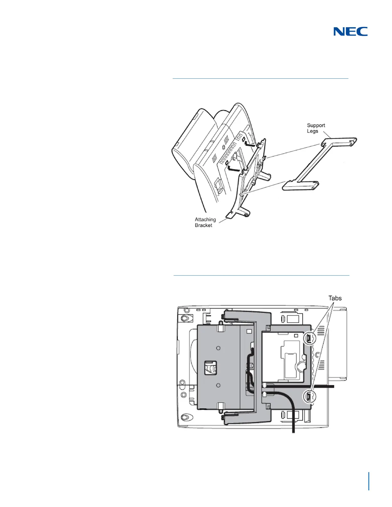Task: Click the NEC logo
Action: coord(350,31)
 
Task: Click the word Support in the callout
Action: coord(316,125)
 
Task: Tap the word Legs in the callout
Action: coord(312,131)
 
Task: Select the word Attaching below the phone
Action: coord(205,220)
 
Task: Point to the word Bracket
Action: coord(203,225)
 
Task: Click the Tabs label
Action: coord(335,298)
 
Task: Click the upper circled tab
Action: coord(309,338)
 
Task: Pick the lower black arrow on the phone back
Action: coord(234,167)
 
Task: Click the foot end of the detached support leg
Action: coord(300,185)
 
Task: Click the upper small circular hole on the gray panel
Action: coord(218,348)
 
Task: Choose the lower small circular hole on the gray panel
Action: coord(218,385)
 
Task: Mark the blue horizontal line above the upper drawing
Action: coord(260,78)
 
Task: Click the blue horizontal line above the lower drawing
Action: coord(261,275)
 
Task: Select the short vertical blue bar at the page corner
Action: coord(369,481)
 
